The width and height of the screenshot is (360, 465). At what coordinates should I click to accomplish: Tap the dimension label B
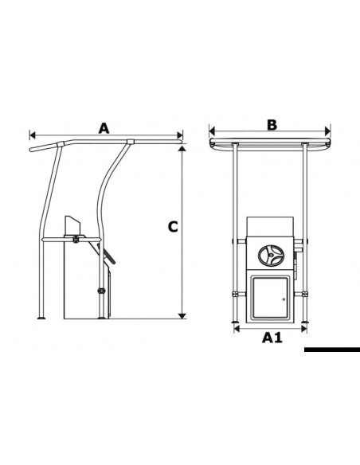[x=271, y=124]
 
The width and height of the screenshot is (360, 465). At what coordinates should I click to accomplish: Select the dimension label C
[x=172, y=227]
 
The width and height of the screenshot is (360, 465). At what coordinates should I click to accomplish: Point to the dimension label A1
[x=272, y=338]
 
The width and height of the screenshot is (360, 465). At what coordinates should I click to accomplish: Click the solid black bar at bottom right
[x=331, y=349]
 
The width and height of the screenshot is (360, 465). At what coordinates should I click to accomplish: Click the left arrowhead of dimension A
[x=32, y=135]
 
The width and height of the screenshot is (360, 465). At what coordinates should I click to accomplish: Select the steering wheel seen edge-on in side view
[x=108, y=256]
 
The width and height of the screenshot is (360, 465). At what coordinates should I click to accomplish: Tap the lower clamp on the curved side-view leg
[x=100, y=291]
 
